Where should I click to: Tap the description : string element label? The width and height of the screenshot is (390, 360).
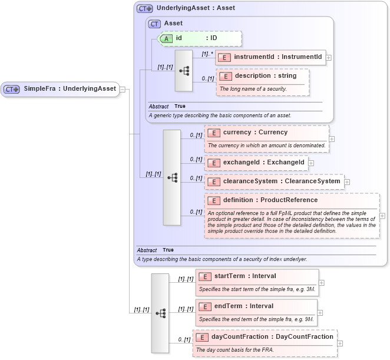tap(265, 76)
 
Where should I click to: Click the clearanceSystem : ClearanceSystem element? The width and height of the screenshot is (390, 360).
tap(274, 181)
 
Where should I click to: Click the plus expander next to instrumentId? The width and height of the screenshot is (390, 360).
tap(329, 58)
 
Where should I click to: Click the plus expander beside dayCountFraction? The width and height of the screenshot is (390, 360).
tap(340, 344)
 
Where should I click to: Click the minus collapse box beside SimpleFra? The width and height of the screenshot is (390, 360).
tap(123, 89)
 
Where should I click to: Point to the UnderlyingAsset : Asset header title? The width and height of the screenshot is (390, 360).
tap(196, 9)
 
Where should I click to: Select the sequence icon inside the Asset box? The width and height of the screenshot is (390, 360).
tap(184, 71)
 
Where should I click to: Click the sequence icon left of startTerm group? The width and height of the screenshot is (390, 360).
tap(160, 313)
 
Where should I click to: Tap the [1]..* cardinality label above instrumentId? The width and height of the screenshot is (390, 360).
tap(206, 54)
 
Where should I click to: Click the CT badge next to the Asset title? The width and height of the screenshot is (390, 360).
tap(154, 24)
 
